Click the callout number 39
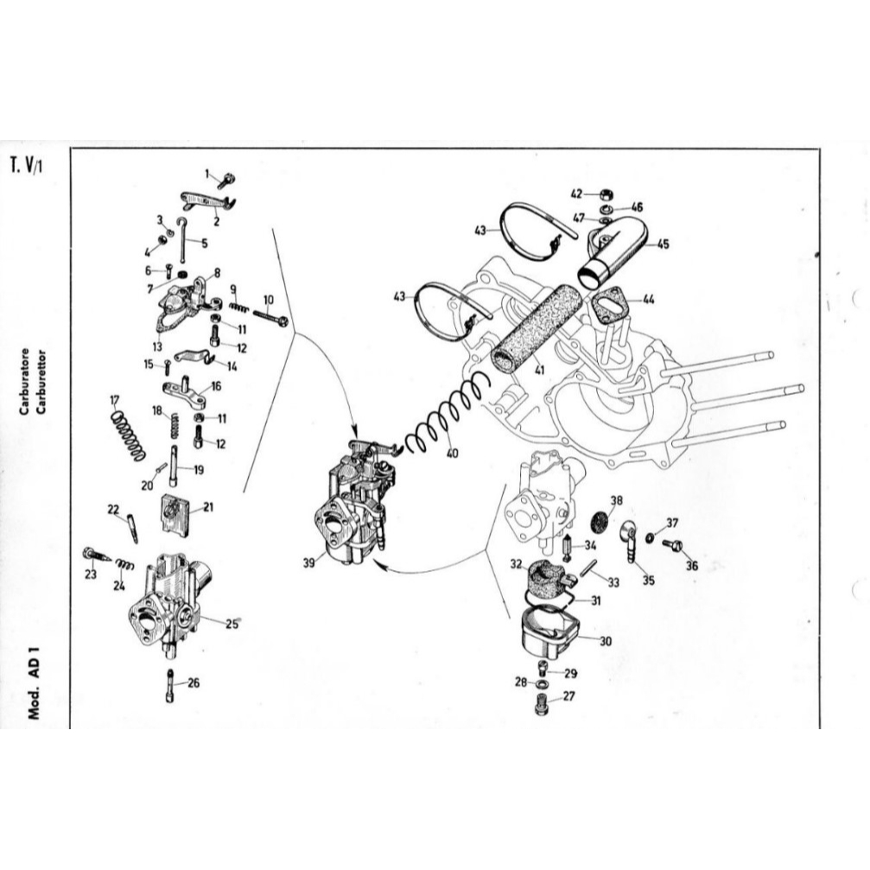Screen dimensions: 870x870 309,562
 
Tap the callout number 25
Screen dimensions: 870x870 232,624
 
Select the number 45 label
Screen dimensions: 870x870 663,244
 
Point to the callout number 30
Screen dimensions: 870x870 606,641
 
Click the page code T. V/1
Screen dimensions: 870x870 26,165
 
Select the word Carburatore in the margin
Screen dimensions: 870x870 24,382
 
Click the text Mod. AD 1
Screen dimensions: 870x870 35,682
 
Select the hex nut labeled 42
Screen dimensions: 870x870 606,194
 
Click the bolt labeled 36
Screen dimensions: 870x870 672,545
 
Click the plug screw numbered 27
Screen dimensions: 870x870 542,706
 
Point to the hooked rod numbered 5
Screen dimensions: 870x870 182,239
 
